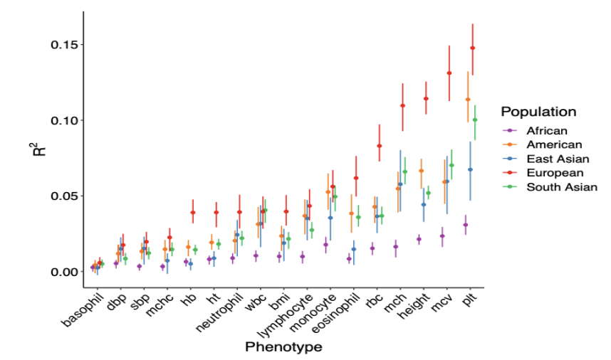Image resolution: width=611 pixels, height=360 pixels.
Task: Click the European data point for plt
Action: coord(473,48)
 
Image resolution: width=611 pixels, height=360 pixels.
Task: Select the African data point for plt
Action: coord(466,225)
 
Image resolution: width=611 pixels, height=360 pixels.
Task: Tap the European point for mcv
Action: coord(449,73)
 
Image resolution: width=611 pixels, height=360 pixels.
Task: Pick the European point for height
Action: coord(426,99)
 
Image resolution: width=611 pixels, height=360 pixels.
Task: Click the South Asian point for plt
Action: coord(475,120)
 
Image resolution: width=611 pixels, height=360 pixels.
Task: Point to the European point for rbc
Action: coord(380,146)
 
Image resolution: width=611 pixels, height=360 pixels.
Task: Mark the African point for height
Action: coord(419,240)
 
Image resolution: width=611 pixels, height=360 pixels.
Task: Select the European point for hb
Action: coord(193,213)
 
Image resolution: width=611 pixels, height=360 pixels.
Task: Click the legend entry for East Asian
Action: coord(556,159)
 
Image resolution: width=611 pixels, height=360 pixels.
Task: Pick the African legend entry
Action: coord(547,131)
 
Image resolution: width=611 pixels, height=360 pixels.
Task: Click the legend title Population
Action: coord(538,112)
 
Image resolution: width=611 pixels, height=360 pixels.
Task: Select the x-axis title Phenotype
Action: coord(283,348)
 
